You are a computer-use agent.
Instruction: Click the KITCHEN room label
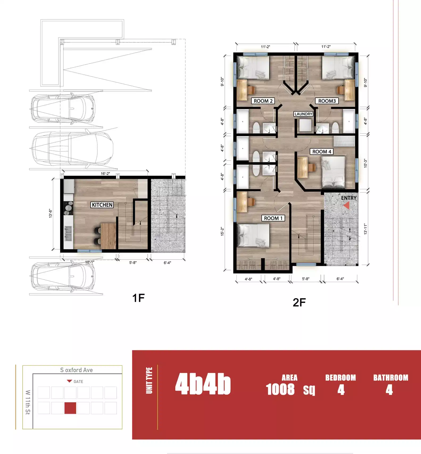102,205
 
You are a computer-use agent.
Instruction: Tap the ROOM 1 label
273,218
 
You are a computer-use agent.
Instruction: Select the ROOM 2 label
263,101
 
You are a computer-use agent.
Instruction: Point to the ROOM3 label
327,101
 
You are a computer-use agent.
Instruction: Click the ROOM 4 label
322,152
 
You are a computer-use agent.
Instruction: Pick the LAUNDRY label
303,114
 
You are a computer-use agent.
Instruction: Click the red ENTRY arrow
346,205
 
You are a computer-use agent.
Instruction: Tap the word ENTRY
349,198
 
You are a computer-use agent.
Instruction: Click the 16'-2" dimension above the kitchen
105,174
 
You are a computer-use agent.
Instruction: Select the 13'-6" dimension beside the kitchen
51,213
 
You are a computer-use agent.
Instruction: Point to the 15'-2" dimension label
222,232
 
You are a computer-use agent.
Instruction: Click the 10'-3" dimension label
365,163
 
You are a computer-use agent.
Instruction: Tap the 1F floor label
138,298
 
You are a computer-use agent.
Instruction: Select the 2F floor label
299,303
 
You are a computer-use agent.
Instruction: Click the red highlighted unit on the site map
70,408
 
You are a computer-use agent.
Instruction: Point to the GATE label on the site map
78,382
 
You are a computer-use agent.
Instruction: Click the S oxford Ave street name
76,370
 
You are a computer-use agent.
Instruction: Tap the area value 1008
280,389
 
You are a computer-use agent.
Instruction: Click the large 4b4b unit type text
203,384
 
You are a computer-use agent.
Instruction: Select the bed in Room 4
333,172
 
